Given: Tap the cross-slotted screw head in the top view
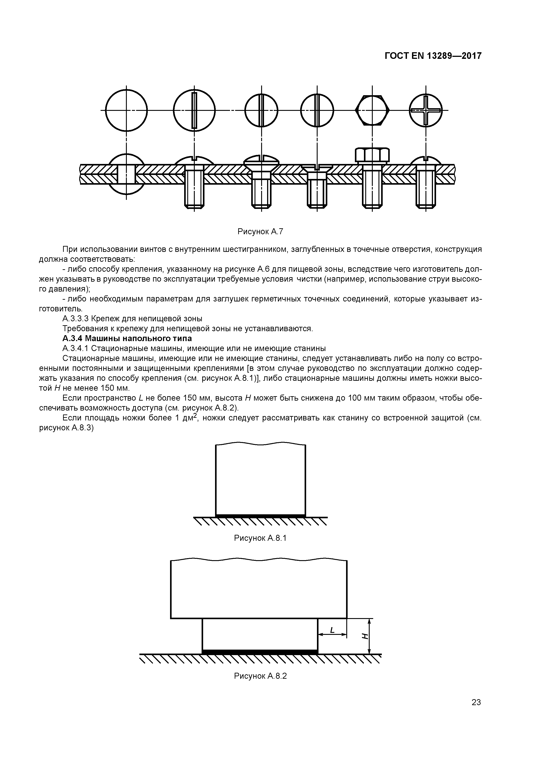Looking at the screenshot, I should (x=426, y=110).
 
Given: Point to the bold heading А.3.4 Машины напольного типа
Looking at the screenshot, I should (x=127, y=338).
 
